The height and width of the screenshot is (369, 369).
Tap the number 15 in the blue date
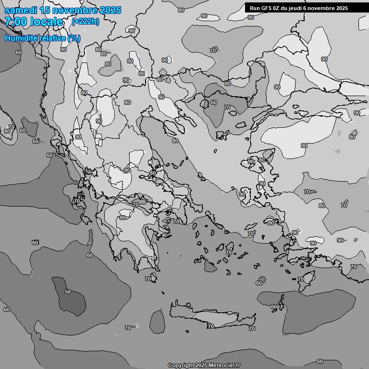tap(46, 10)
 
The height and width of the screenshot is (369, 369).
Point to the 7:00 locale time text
tap(34, 22)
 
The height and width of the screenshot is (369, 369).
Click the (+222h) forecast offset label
tap(85, 22)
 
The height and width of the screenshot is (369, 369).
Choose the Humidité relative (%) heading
tap(42, 38)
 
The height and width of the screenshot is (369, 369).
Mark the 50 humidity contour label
tap(68, 292)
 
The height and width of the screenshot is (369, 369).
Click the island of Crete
tap(211, 320)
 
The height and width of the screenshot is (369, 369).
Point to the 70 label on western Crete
tap(210, 326)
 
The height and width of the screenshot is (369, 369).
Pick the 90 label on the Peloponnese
tap(123, 218)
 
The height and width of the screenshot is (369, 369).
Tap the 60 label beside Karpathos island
tap(274, 307)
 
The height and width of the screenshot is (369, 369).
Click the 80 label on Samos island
tap(271, 223)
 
